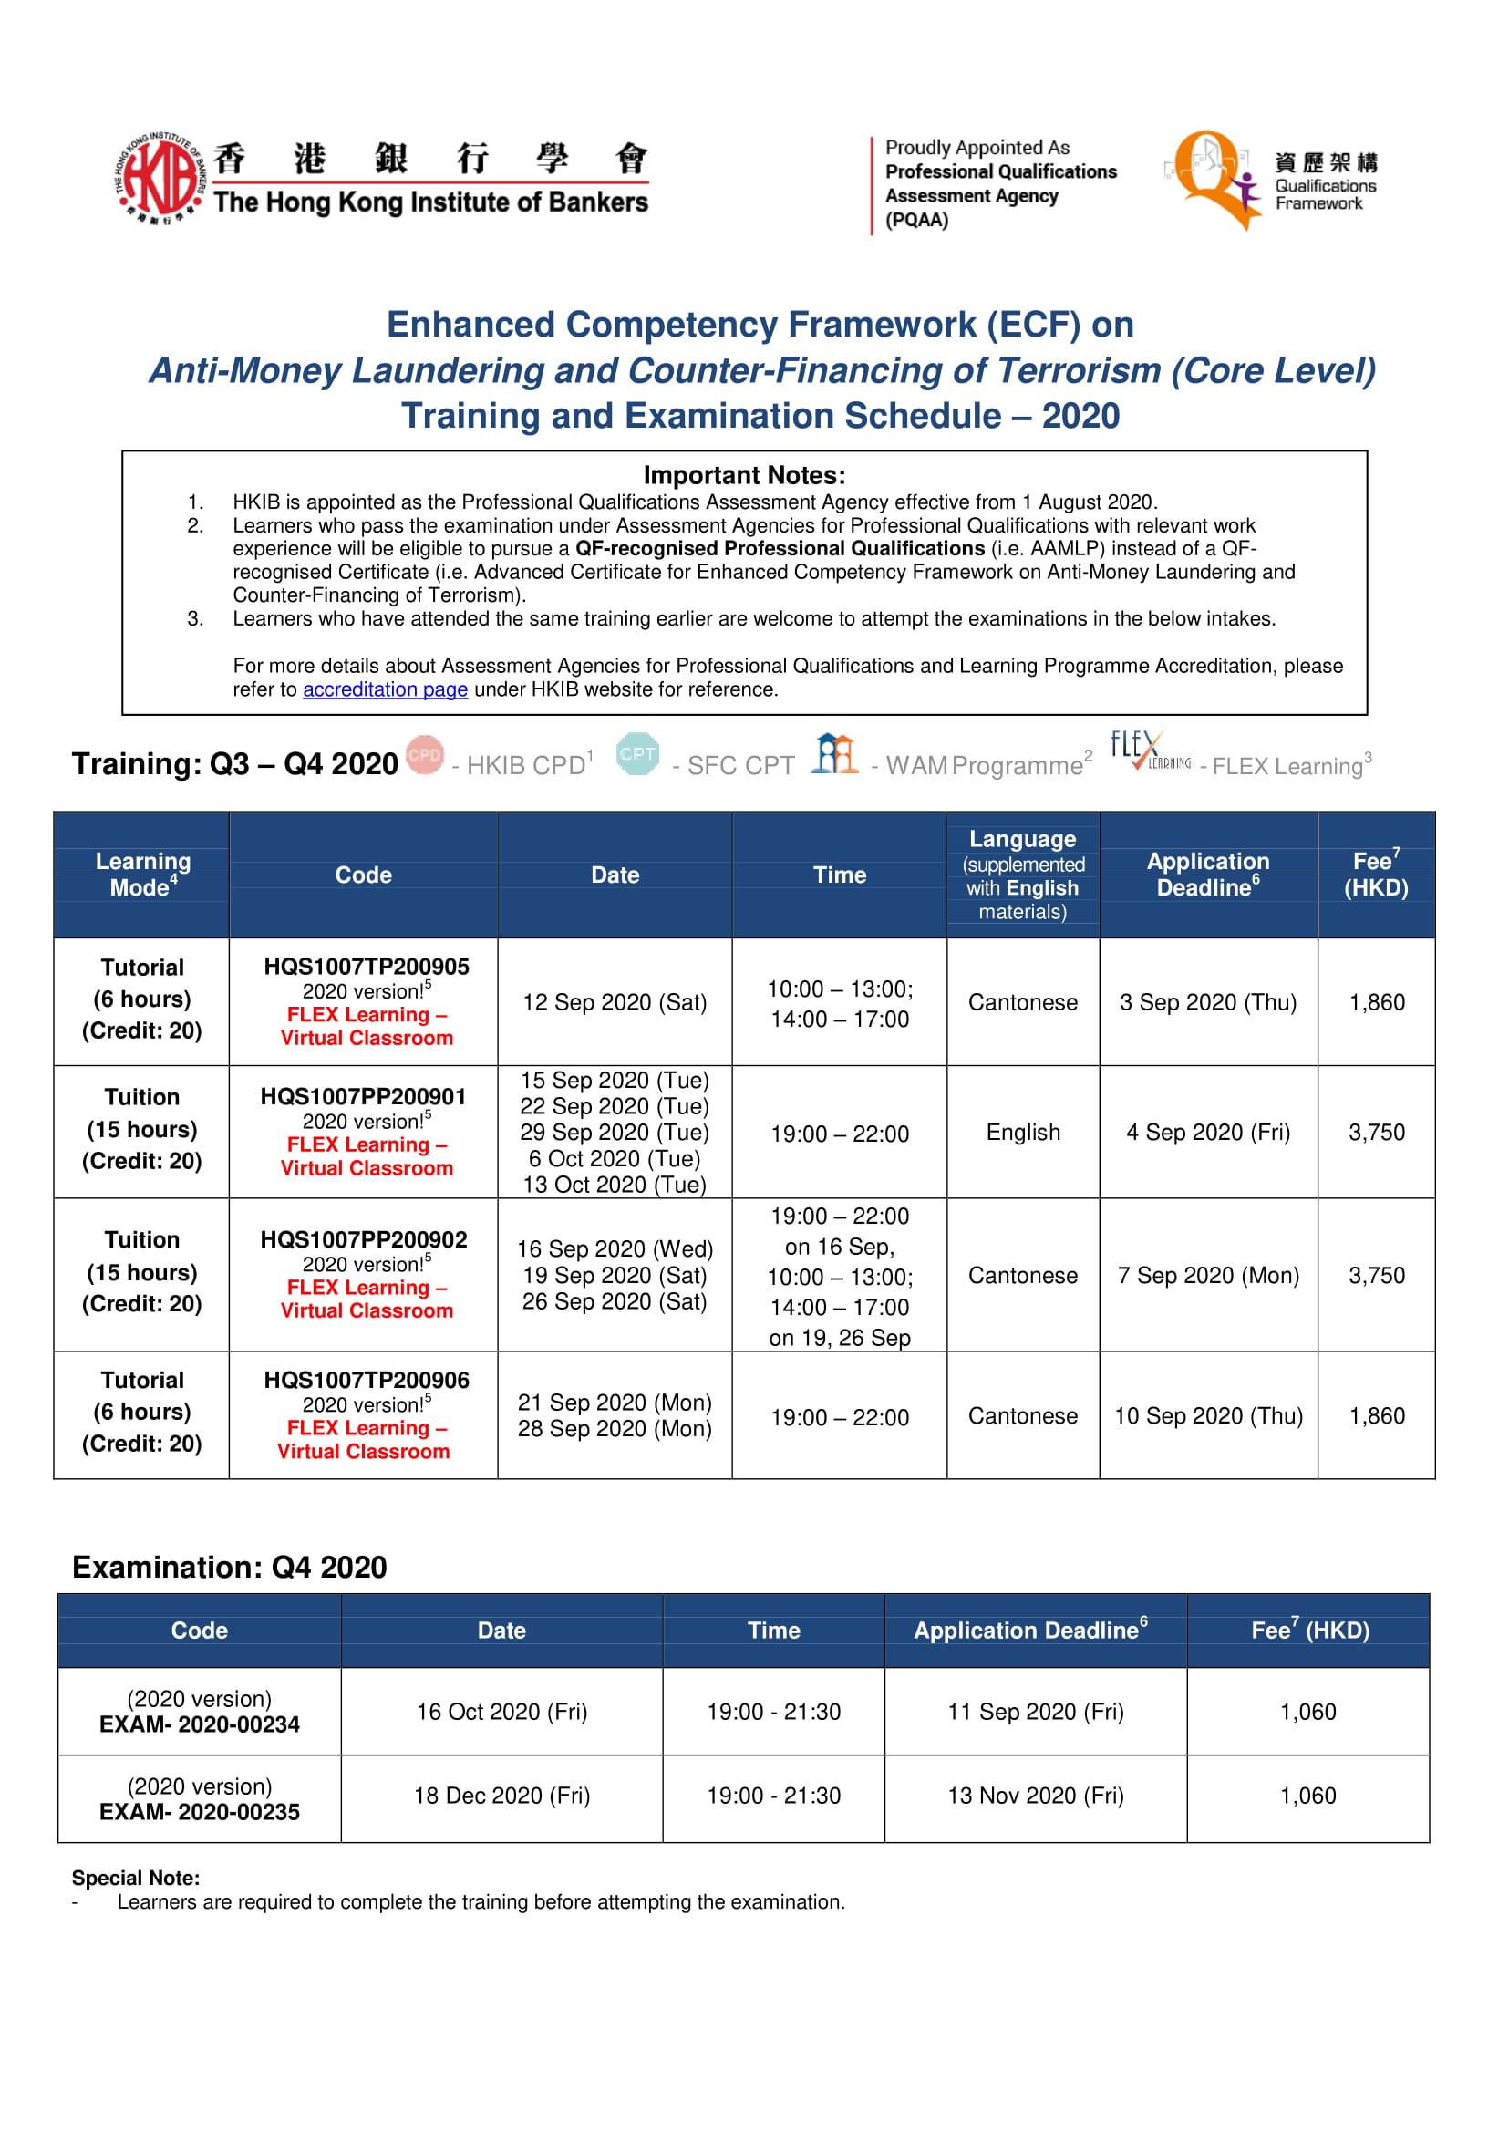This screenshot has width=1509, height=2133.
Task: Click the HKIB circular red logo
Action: (159, 177)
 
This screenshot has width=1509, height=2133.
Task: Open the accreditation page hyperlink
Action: (385, 689)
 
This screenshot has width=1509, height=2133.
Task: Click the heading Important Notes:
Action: (744, 475)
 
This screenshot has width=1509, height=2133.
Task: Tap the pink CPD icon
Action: (426, 755)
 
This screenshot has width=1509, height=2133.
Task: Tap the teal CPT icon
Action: (637, 755)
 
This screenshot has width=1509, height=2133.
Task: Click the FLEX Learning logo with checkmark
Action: (1150, 751)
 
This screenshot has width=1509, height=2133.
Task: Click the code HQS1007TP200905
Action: (367, 967)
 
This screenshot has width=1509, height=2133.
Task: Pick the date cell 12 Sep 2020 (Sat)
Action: (615, 1002)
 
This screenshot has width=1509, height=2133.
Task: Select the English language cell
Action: (1022, 1132)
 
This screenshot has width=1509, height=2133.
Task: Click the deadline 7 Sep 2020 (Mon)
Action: (1208, 1275)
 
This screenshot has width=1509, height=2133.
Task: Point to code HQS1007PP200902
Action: (363, 1240)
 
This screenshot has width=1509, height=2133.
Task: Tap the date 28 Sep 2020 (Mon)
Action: (615, 1428)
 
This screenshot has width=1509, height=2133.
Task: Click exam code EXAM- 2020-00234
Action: (200, 1724)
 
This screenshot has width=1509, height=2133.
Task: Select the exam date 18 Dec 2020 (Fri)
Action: (501, 1796)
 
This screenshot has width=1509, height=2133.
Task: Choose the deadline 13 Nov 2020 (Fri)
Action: (1035, 1796)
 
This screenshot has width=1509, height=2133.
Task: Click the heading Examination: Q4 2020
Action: (230, 1567)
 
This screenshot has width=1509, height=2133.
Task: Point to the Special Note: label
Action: (136, 1878)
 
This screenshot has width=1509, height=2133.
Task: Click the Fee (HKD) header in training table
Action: (1375, 874)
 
